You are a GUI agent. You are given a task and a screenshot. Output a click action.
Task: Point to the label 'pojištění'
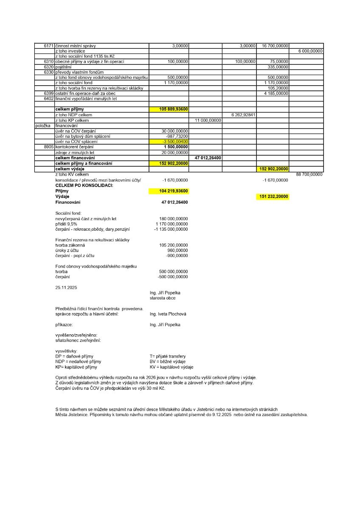(x=63, y=67)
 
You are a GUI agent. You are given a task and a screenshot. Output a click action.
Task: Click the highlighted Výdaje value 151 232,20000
(x=273, y=197)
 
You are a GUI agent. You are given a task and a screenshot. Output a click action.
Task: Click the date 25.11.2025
(x=66, y=287)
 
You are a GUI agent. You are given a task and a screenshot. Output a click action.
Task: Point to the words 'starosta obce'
(x=159, y=298)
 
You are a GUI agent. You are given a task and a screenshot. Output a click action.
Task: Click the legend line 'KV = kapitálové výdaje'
(x=172, y=367)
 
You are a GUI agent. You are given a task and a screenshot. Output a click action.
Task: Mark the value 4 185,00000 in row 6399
(x=276, y=93)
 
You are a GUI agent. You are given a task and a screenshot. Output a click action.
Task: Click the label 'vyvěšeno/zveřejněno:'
(x=76, y=335)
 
